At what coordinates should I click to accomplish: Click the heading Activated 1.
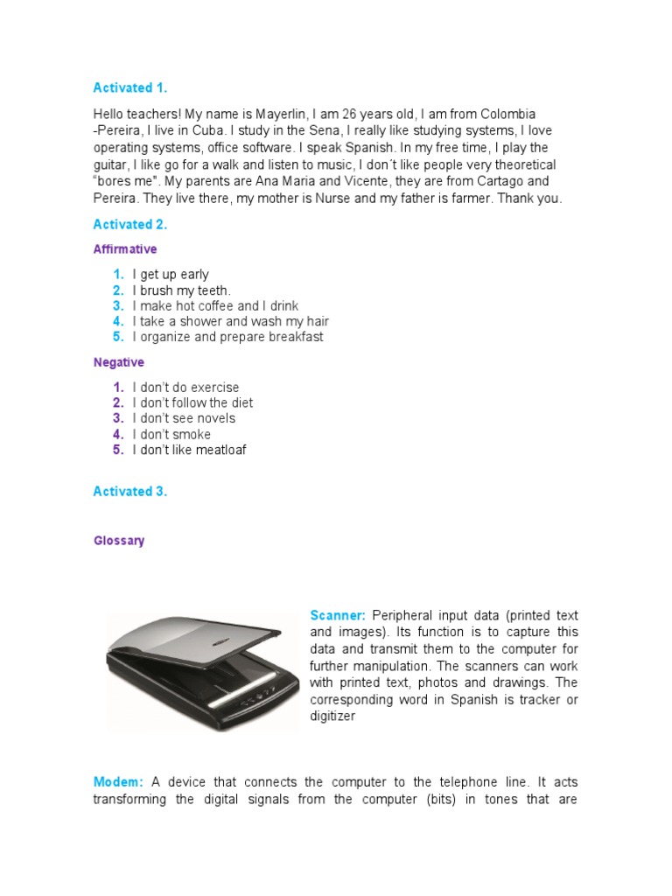pyautogui.click(x=129, y=87)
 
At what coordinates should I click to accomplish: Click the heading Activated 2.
pyautogui.click(x=129, y=224)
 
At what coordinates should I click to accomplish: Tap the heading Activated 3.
pyautogui.click(x=129, y=491)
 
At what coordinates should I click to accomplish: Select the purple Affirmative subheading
pyautogui.click(x=125, y=249)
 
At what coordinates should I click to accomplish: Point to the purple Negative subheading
pyautogui.click(x=119, y=362)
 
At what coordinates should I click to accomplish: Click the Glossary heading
pyautogui.click(x=119, y=541)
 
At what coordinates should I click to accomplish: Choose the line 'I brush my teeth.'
pyautogui.click(x=182, y=290)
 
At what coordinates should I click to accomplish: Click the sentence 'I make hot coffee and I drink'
pyautogui.click(x=215, y=306)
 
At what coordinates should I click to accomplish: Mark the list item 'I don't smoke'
pyautogui.click(x=171, y=434)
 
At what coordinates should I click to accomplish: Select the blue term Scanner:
pyautogui.click(x=338, y=616)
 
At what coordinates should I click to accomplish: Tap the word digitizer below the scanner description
pyautogui.click(x=335, y=716)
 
